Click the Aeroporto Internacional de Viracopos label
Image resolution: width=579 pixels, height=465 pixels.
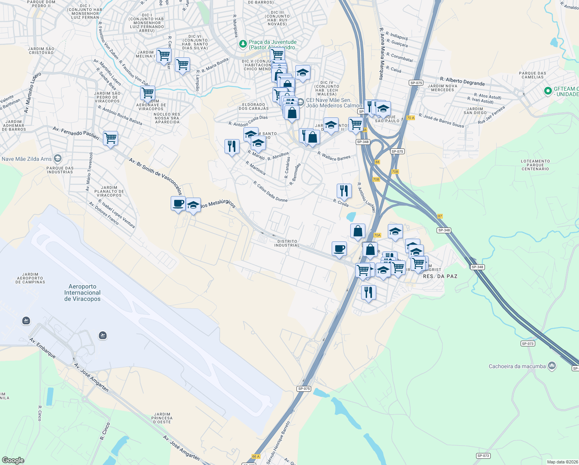click(82, 293)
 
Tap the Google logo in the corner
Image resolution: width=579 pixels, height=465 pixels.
click(13, 460)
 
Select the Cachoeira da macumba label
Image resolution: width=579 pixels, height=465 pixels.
click(517, 366)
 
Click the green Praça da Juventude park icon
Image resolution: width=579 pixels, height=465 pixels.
click(243, 45)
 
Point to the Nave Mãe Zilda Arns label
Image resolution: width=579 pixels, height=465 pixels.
click(27, 159)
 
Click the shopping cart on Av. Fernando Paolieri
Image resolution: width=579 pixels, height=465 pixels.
click(111, 138)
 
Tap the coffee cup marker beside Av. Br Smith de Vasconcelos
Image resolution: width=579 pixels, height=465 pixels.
click(178, 203)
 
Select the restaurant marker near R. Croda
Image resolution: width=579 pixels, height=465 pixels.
click(344, 191)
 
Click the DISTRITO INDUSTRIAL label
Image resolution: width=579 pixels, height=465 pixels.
click(287, 243)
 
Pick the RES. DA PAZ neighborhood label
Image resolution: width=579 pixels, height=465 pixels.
click(440, 276)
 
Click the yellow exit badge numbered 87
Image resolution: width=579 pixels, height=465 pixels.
click(440, 216)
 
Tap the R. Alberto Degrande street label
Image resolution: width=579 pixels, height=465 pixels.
click(462, 81)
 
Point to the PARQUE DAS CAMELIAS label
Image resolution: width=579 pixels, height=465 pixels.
click(533, 75)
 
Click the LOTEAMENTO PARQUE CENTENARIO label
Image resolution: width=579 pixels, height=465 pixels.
click(535, 165)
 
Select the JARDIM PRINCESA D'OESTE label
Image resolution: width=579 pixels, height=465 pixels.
click(162, 418)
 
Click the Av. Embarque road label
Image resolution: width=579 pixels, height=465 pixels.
click(43, 348)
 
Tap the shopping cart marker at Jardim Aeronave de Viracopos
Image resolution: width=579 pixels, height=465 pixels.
click(147, 93)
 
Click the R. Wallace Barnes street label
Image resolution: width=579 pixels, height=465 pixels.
click(334, 156)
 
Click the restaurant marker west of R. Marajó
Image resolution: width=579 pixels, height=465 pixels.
click(232, 146)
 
